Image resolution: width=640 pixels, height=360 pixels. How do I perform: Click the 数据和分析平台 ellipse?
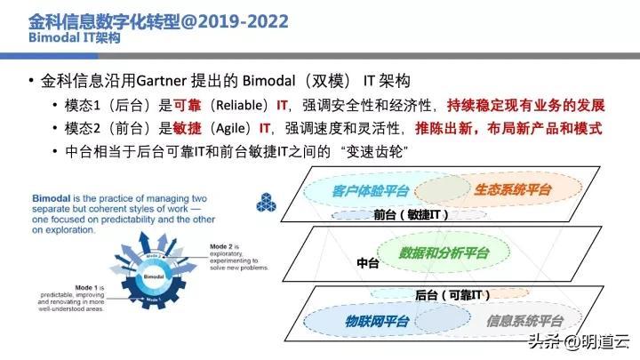click(444, 253)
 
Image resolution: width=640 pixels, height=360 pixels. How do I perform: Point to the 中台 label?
click(367, 263)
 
